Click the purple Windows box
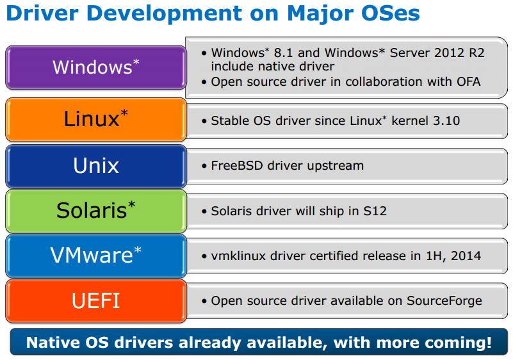[96, 67]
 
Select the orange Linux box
[96, 119]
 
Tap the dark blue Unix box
[96, 167]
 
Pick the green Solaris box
[96, 211]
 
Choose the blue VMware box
[96, 256]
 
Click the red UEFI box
[96, 301]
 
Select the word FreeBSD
[237, 166]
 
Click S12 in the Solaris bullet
[375, 211]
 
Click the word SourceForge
[444, 301]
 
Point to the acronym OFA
[469, 82]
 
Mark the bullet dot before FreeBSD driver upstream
[204, 167]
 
